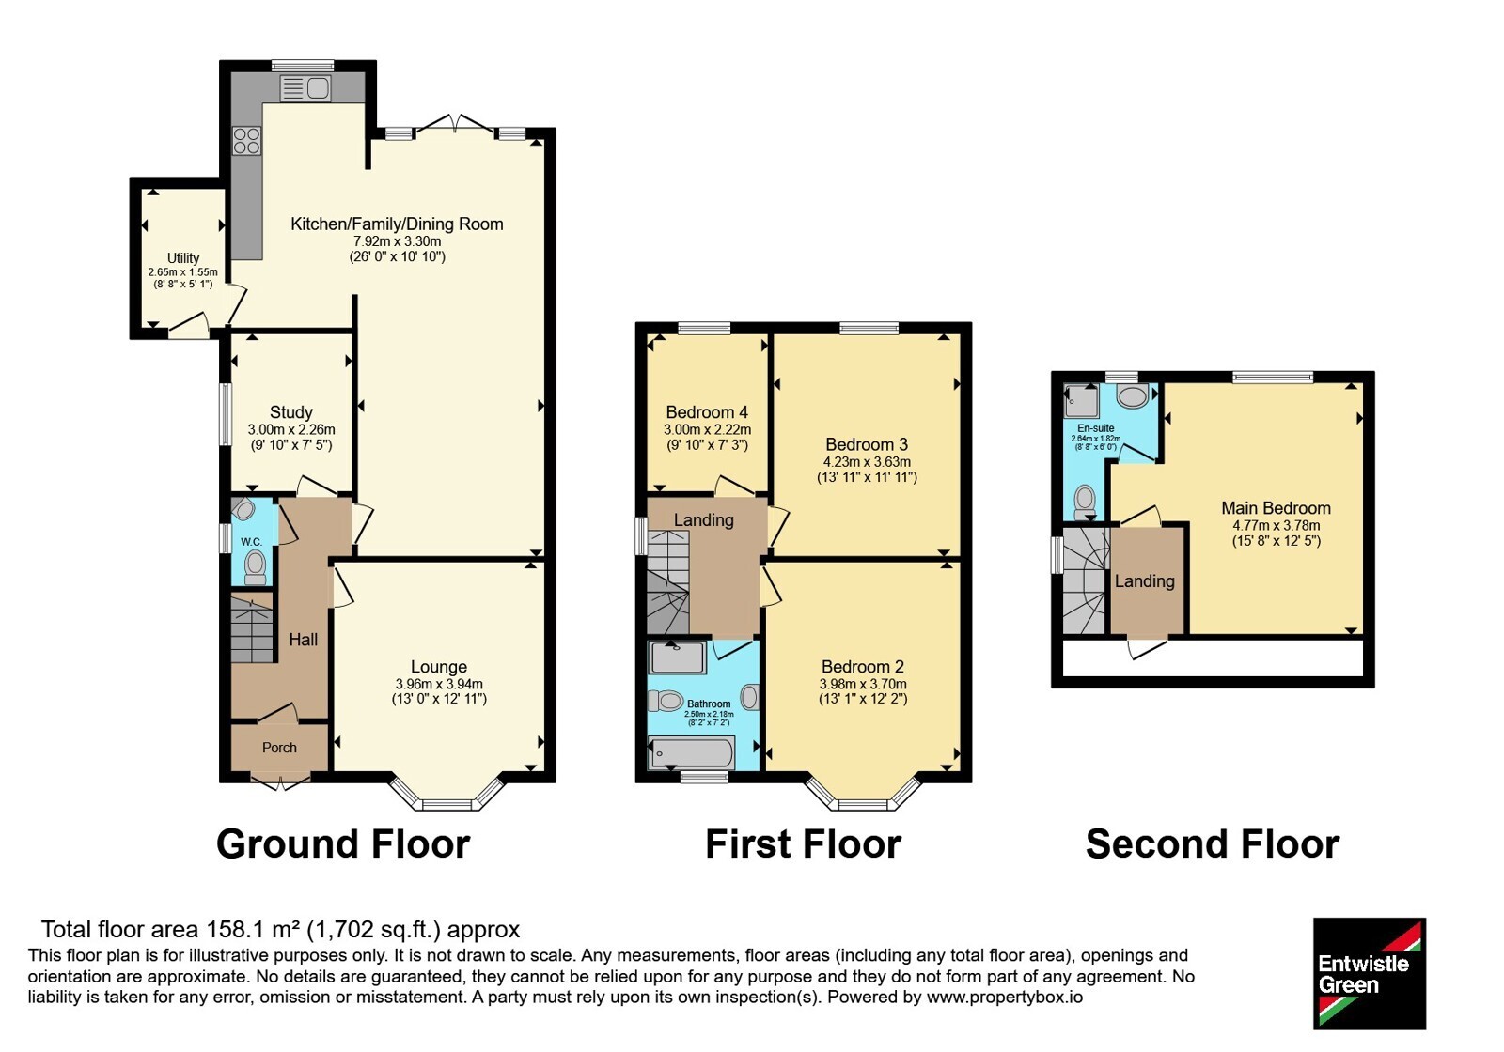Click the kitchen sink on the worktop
click(x=305, y=88)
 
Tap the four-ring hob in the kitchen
click(x=246, y=141)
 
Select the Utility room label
click(x=183, y=258)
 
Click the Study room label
click(x=291, y=412)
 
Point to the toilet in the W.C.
click(x=255, y=567)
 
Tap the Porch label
click(x=279, y=748)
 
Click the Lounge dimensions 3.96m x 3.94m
click(x=439, y=685)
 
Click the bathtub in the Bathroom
click(x=691, y=752)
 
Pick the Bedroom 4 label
click(x=707, y=412)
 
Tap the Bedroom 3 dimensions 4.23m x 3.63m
click(x=867, y=461)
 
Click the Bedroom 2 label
click(x=863, y=667)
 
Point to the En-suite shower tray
click(x=1081, y=400)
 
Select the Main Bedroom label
click(x=1276, y=508)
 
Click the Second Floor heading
click(x=1213, y=844)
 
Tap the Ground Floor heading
click(x=343, y=844)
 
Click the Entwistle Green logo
click(x=1370, y=973)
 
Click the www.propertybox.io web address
click(x=1005, y=997)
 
